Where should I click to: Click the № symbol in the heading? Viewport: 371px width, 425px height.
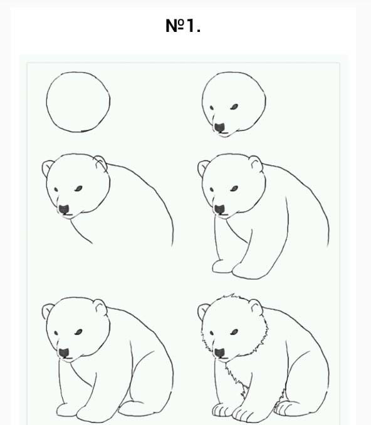[x=175, y=26]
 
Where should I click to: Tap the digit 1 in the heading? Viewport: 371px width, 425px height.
[x=191, y=26]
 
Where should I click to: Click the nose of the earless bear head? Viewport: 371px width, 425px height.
[x=219, y=128]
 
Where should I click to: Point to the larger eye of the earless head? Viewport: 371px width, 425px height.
[x=234, y=107]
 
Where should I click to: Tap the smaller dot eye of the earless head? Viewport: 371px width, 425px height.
[x=212, y=108]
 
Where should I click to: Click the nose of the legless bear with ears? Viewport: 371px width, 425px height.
[x=64, y=209]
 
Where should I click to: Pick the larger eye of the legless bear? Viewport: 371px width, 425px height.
[x=78, y=188]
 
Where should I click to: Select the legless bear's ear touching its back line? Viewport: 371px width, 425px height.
[x=100, y=162]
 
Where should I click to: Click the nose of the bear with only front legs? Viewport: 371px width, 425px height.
[x=219, y=209]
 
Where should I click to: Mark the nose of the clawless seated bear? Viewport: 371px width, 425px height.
[x=64, y=353]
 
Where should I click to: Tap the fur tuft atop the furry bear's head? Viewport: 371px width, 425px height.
[x=231, y=297]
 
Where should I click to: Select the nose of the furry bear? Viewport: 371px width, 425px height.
[x=219, y=353]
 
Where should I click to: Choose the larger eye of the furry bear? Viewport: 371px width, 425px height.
[x=234, y=332]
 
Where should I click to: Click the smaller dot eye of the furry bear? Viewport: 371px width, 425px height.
[x=212, y=333]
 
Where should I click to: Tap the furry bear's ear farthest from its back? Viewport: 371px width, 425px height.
[x=202, y=310]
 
